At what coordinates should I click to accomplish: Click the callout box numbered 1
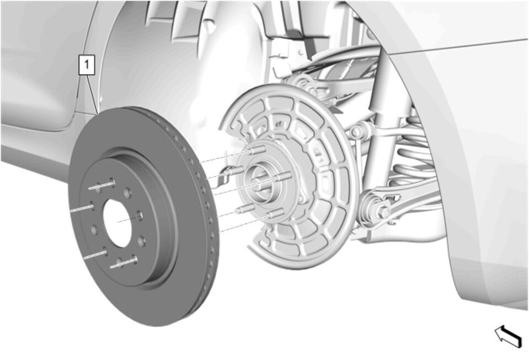(87, 65)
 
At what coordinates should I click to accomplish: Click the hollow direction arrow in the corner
(509, 336)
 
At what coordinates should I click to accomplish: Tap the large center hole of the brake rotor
(117, 222)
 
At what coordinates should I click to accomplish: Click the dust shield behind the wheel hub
(290, 175)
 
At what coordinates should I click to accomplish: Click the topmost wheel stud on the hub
(258, 149)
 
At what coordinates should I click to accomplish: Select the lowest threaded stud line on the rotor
(124, 263)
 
